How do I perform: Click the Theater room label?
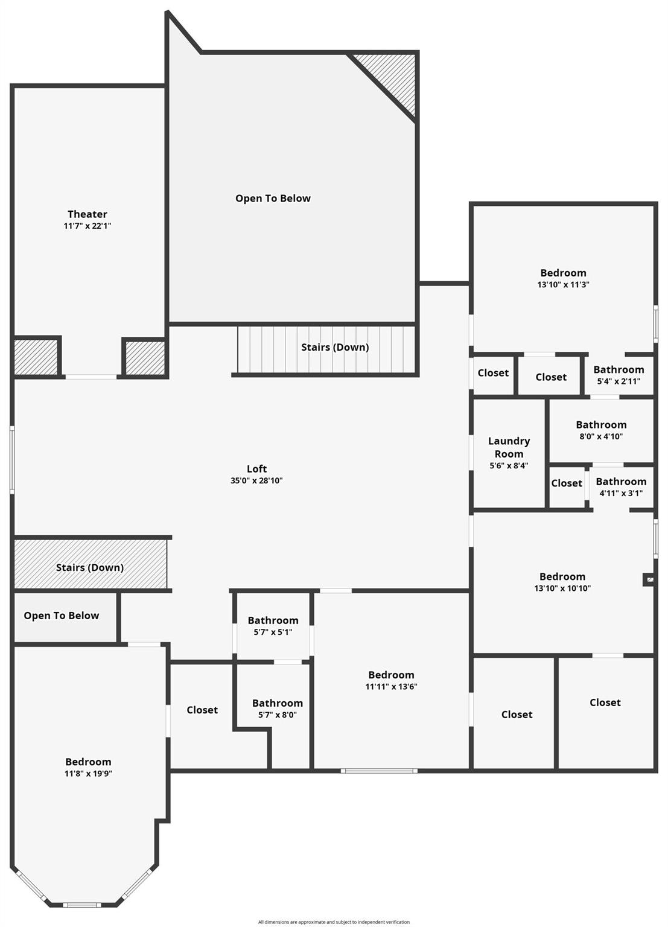tap(87, 214)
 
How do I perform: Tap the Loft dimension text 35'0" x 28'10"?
tap(256, 481)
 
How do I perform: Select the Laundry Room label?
tap(509, 447)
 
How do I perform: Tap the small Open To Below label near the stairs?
tap(62, 616)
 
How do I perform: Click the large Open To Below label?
tap(273, 199)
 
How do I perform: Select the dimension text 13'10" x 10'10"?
tap(562, 588)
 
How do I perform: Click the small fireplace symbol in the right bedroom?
tap(649, 580)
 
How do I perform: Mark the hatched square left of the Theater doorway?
tap(36, 357)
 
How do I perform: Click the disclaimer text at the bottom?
tap(334, 922)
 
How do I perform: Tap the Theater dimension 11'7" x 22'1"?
tap(87, 226)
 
